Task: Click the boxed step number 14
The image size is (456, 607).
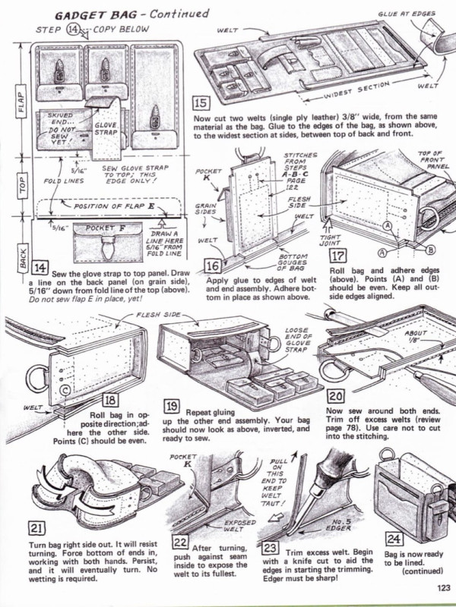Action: coord(40,266)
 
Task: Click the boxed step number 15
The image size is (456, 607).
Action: coord(201,101)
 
